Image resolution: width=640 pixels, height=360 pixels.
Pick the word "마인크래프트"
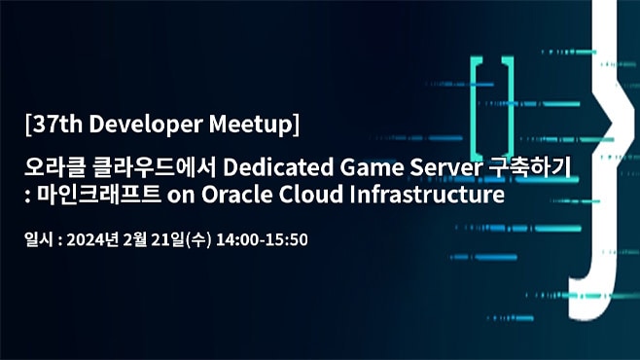coord(98,195)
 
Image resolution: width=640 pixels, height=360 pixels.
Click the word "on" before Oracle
coord(181,196)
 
